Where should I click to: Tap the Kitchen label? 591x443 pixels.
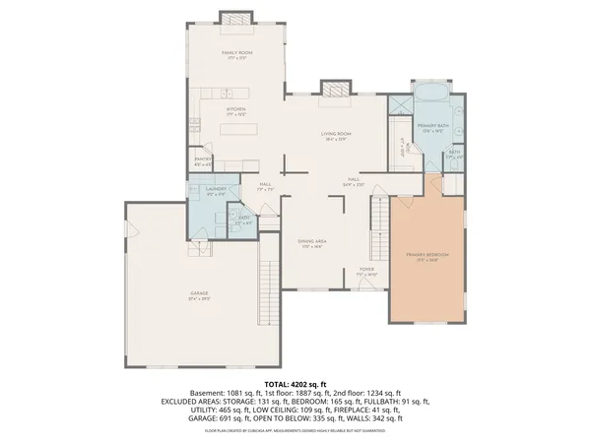click(x=235, y=109)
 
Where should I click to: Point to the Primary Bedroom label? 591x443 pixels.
click(x=427, y=255)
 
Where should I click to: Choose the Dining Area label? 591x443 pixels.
click(x=312, y=241)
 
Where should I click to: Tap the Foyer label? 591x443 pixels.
click(x=366, y=269)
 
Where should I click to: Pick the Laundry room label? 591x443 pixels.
click(x=217, y=189)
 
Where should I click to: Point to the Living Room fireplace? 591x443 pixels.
click(x=334, y=88)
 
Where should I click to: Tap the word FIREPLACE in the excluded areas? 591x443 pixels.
click(x=352, y=410)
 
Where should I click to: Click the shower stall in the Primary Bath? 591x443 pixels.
click(x=399, y=104)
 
